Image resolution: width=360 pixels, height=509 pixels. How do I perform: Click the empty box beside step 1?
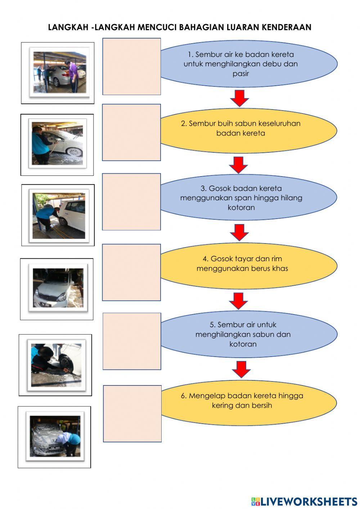tap(132, 67)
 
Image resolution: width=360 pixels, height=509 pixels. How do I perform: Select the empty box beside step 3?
tap(131, 202)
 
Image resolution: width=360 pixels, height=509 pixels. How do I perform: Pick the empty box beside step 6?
tap(132, 414)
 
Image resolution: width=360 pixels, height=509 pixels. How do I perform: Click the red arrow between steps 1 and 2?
tap(239, 98)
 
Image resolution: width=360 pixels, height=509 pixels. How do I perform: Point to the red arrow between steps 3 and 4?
tap(239, 232)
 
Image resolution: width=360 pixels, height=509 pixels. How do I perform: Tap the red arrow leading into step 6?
tap(241, 369)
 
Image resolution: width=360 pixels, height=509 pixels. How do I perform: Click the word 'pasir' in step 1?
tap(241, 74)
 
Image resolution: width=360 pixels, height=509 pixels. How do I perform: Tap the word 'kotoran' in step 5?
tap(243, 344)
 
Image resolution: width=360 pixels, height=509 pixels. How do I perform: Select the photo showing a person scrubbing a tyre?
tap(56, 365)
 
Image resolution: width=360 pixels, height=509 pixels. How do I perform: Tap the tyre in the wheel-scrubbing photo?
tap(67, 363)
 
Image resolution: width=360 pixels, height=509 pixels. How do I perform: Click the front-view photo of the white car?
tap(58, 288)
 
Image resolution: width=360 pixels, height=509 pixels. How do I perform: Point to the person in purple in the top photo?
tap(73, 74)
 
